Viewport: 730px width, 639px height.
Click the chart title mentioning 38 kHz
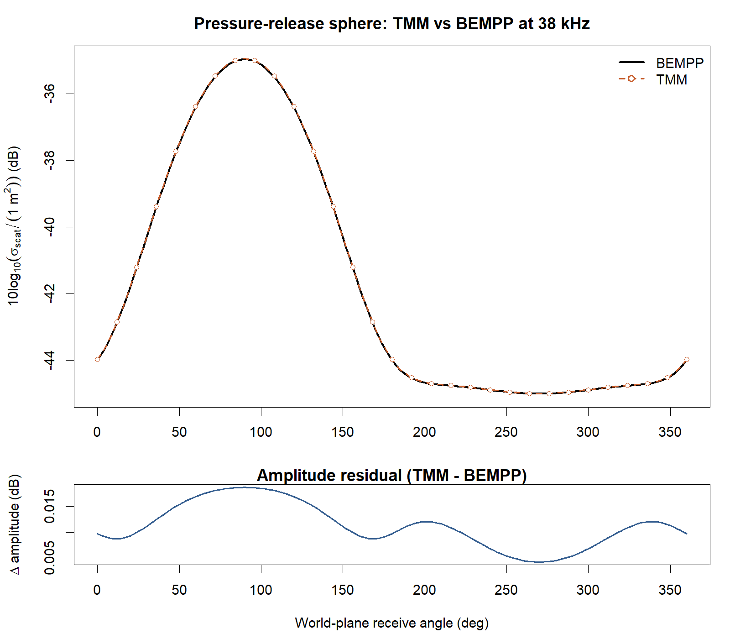pos(391,23)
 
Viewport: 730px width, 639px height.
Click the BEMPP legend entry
pos(679,63)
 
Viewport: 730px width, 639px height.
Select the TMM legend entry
pos(671,79)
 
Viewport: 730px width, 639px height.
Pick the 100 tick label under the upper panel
pos(261,432)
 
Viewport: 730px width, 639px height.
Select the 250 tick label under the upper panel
pos(506,432)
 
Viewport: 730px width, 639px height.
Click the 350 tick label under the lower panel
pos(670,590)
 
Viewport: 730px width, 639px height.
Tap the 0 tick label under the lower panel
pos(97,590)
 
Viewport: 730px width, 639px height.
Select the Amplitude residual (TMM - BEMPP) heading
pos(391,475)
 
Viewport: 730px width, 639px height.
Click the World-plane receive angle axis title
pos(391,623)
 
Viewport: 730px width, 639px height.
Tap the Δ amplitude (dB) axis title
pos(15,524)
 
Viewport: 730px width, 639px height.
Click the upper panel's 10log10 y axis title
pos(15,226)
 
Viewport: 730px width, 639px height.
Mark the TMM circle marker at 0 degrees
pos(97,359)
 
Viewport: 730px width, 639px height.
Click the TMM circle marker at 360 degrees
pos(687,359)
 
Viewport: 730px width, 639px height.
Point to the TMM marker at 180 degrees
pos(392,360)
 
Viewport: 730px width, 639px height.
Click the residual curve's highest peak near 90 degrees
pos(245,487)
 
